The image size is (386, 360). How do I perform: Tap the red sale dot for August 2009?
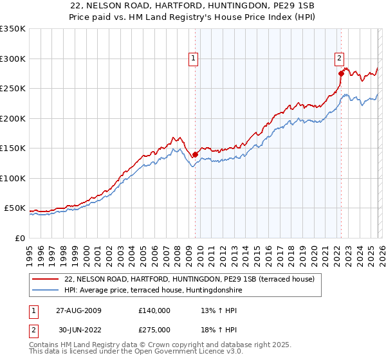(x=195, y=154)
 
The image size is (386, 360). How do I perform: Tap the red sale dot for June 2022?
(x=341, y=73)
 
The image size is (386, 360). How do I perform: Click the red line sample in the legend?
(x=45, y=279)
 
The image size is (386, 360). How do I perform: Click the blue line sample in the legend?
(x=45, y=290)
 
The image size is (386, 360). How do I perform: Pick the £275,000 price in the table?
(x=154, y=330)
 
